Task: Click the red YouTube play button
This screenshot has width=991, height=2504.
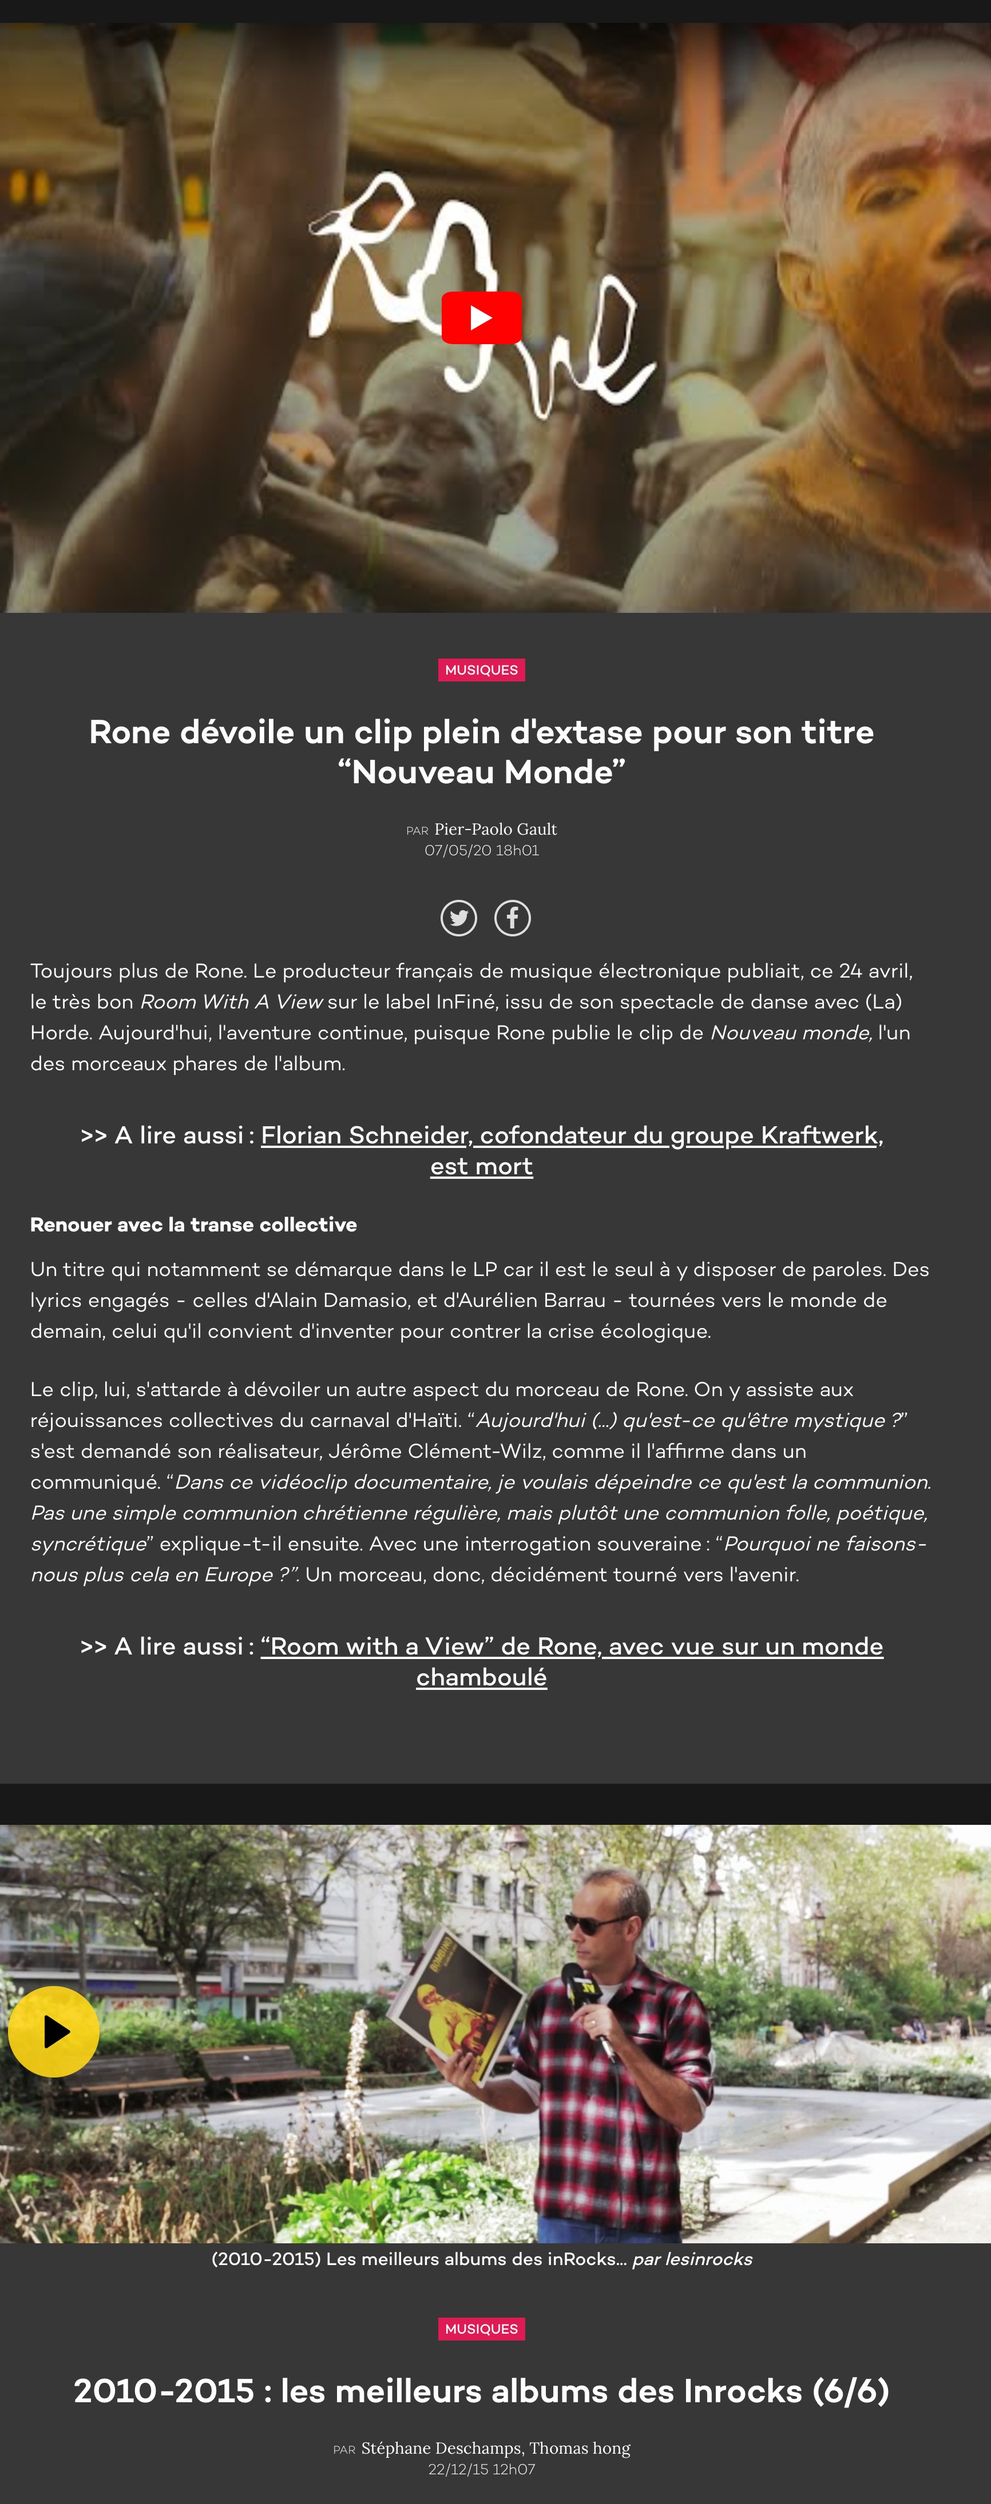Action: point(481,318)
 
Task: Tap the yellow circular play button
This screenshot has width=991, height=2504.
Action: point(53,2032)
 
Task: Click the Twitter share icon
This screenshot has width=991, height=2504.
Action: point(459,918)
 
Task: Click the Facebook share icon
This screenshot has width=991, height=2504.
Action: point(513,918)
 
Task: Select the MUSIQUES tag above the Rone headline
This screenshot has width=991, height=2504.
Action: point(481,670)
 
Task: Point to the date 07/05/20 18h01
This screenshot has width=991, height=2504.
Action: point(481,851)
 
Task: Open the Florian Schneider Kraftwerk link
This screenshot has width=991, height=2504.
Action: point(572,1135)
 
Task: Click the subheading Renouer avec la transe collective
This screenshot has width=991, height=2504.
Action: point(193,1225)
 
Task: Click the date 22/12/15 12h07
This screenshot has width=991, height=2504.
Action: point(481,2469)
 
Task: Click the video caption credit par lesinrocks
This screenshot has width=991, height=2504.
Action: point(691,2259)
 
